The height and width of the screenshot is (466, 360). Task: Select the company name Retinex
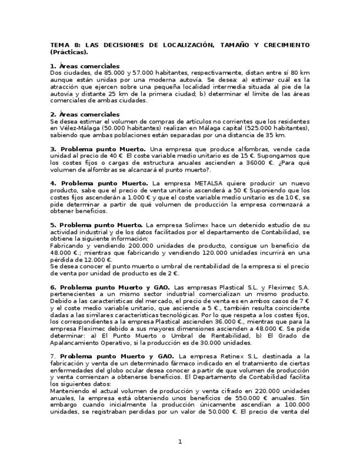pyautogui.click(x=229, y=357)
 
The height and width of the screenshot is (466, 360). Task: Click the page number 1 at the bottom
pyautogui.click(x=180, y=442)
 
